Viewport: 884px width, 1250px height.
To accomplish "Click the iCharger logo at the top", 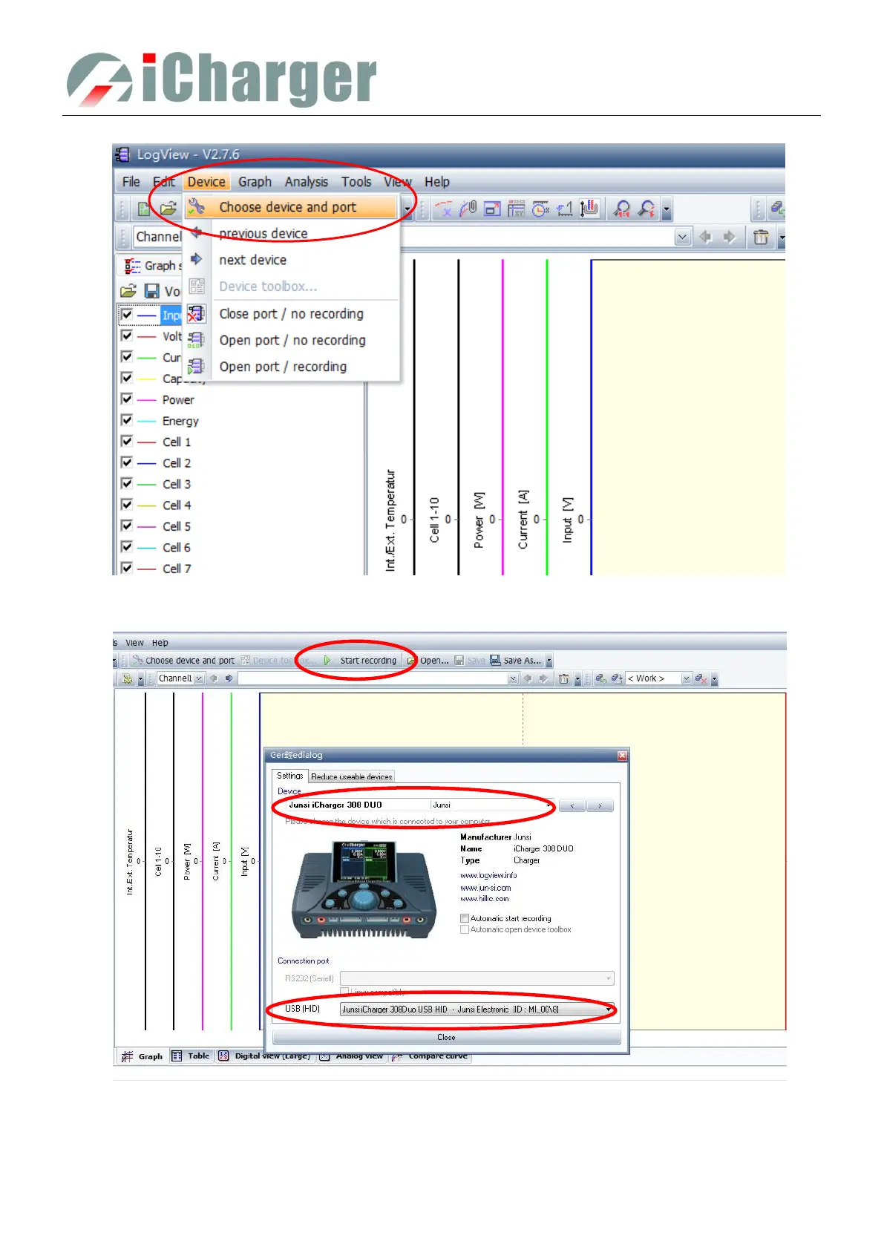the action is tap(221, 79).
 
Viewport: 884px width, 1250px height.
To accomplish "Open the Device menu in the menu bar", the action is tap(206, 182).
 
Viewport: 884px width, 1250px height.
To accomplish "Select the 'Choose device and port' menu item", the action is tap(287, 207).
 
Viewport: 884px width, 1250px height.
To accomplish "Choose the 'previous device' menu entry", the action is tap(263, 234).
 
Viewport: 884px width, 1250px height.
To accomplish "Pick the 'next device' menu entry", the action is tap(252, 260).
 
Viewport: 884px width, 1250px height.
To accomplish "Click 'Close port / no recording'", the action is tap(291, 314).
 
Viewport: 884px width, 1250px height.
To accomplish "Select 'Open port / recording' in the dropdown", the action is tap(283, 367).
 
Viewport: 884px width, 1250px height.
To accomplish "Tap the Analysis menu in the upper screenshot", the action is tap(306, 182).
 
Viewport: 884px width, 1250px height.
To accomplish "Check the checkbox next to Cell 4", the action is tap(127, 505).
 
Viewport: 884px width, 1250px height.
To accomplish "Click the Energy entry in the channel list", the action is tap(180, 421).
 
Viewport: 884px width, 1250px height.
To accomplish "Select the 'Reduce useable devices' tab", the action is tap(351, 776).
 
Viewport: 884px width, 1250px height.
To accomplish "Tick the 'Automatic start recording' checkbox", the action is tap(465, 918).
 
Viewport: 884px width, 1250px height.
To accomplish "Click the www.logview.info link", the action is tap(488, 876).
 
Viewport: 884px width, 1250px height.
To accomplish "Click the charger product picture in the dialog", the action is tap(363, 889).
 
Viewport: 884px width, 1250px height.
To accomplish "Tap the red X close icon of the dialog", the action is tap(622, 756).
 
